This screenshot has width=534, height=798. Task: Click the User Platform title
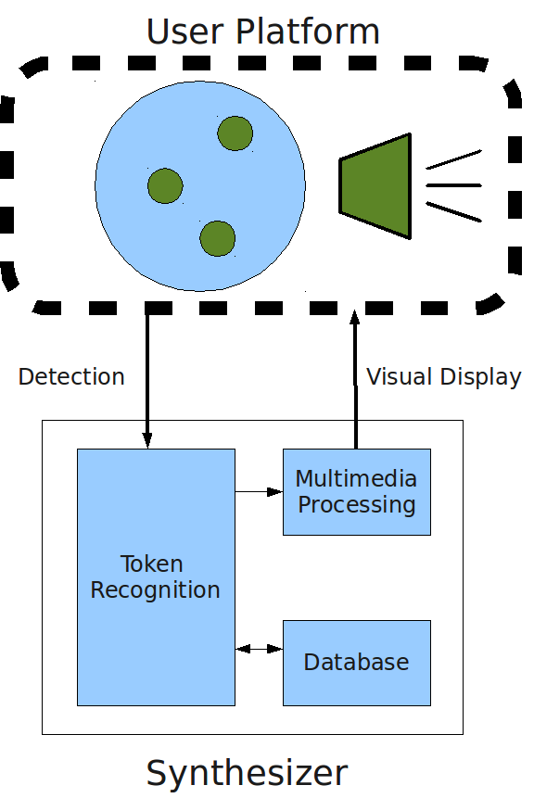point(262,32)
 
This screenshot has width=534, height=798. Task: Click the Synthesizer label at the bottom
point(247,774)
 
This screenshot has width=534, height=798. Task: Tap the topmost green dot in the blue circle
point(235,133)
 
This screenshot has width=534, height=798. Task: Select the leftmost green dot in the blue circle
point(165,185)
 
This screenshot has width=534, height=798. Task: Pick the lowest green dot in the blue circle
point(217,238)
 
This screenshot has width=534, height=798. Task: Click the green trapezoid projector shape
point(375,185)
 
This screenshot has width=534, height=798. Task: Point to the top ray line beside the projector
point(453,158)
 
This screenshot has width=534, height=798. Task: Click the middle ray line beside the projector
point(453,185)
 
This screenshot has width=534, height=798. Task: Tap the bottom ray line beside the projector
point(453,211)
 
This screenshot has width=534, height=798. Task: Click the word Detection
point(71,377)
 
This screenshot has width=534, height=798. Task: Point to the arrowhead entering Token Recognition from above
point(147,441)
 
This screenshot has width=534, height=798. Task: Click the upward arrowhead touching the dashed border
point(355,317)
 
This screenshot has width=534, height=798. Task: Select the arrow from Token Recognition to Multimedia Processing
point(259,491)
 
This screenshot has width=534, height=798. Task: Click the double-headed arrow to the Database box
point(259,649)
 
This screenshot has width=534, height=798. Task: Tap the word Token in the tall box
point(152,564)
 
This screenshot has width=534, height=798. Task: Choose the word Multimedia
point(356,479)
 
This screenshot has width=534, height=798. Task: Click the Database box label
point(356,662)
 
